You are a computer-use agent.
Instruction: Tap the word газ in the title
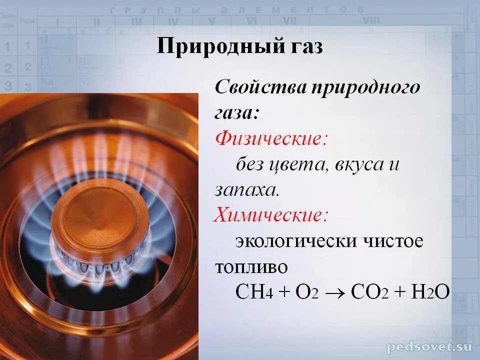coord(304,47)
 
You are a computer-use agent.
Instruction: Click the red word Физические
coord(270,138)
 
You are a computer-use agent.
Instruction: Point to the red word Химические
coord(270,215)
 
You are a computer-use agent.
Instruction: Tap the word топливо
coord(251,267)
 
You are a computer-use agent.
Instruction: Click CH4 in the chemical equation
coord(253,291)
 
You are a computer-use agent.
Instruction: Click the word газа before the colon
coord(234,112)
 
